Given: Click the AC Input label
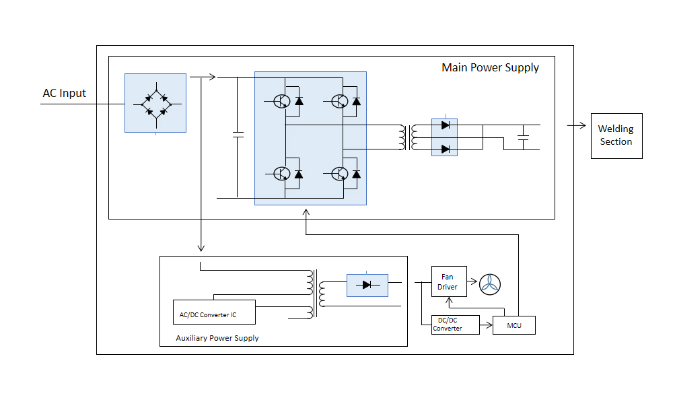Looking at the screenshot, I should point(65,93).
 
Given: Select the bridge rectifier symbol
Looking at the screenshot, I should point(155,104).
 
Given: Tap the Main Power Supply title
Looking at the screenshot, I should point(490,67).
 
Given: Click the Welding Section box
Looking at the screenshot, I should point(616,135).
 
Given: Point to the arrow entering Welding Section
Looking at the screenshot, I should point(577,125).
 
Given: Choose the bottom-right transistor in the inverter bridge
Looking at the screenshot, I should point(340,174).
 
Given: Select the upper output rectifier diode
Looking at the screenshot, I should point(445,125).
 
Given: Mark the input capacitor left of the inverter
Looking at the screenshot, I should point(237,134).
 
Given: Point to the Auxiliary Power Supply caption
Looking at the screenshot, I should point(217,337).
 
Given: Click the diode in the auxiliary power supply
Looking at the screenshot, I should point(367,285).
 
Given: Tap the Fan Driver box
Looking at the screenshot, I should point(448,281).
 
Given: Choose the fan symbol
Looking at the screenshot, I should point(490,285).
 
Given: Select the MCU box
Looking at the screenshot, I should point(514,325).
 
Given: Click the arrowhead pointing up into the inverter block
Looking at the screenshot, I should point(306,212).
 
